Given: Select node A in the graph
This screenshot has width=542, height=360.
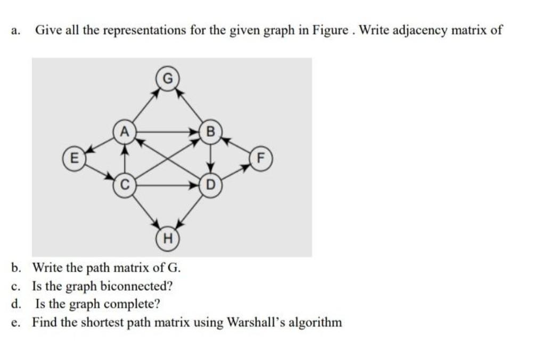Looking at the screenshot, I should [x=124, y=131].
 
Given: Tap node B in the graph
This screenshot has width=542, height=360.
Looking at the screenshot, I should [x=210, y=132].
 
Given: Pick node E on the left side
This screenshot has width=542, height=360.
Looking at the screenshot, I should [x=73, y=158].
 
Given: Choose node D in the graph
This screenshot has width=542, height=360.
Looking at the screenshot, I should [x=210, y=186].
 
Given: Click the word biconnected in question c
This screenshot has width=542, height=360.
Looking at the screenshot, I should [x=136, y=286].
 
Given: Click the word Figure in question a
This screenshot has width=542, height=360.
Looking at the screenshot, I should [x=338, y=30].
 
